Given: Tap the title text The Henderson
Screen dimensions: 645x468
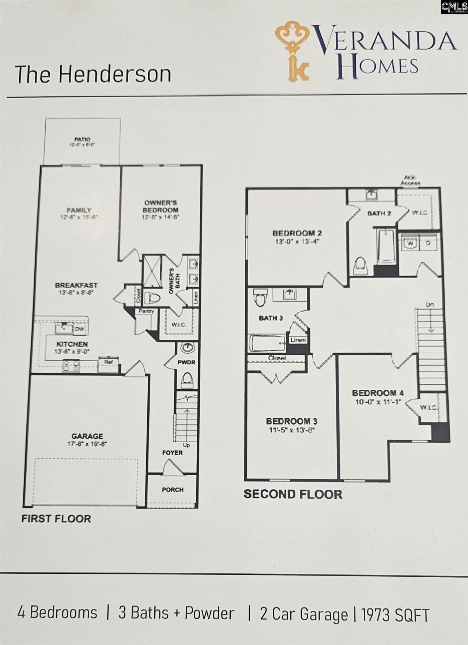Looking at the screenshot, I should [93, 74].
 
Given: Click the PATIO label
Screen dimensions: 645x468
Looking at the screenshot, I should [82, 139].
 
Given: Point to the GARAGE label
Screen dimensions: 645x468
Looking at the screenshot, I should [87, 436].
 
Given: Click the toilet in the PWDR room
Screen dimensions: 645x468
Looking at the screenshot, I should [187, 380].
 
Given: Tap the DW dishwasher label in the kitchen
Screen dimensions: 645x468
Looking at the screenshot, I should [80, 329].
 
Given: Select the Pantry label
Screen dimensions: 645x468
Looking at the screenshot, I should [146, 311].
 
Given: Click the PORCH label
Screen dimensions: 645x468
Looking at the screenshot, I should [173, 490].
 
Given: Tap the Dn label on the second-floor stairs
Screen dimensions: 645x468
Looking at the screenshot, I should [430, 305].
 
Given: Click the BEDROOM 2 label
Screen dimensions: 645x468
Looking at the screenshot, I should [297, 233].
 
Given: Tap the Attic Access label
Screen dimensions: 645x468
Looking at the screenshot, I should [410, 180].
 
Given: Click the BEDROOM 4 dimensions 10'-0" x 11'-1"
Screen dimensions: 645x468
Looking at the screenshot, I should [378, 402].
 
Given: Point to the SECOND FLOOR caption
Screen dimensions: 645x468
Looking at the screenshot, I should [293, 494].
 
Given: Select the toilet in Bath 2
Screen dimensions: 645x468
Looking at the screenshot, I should [361, 267].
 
